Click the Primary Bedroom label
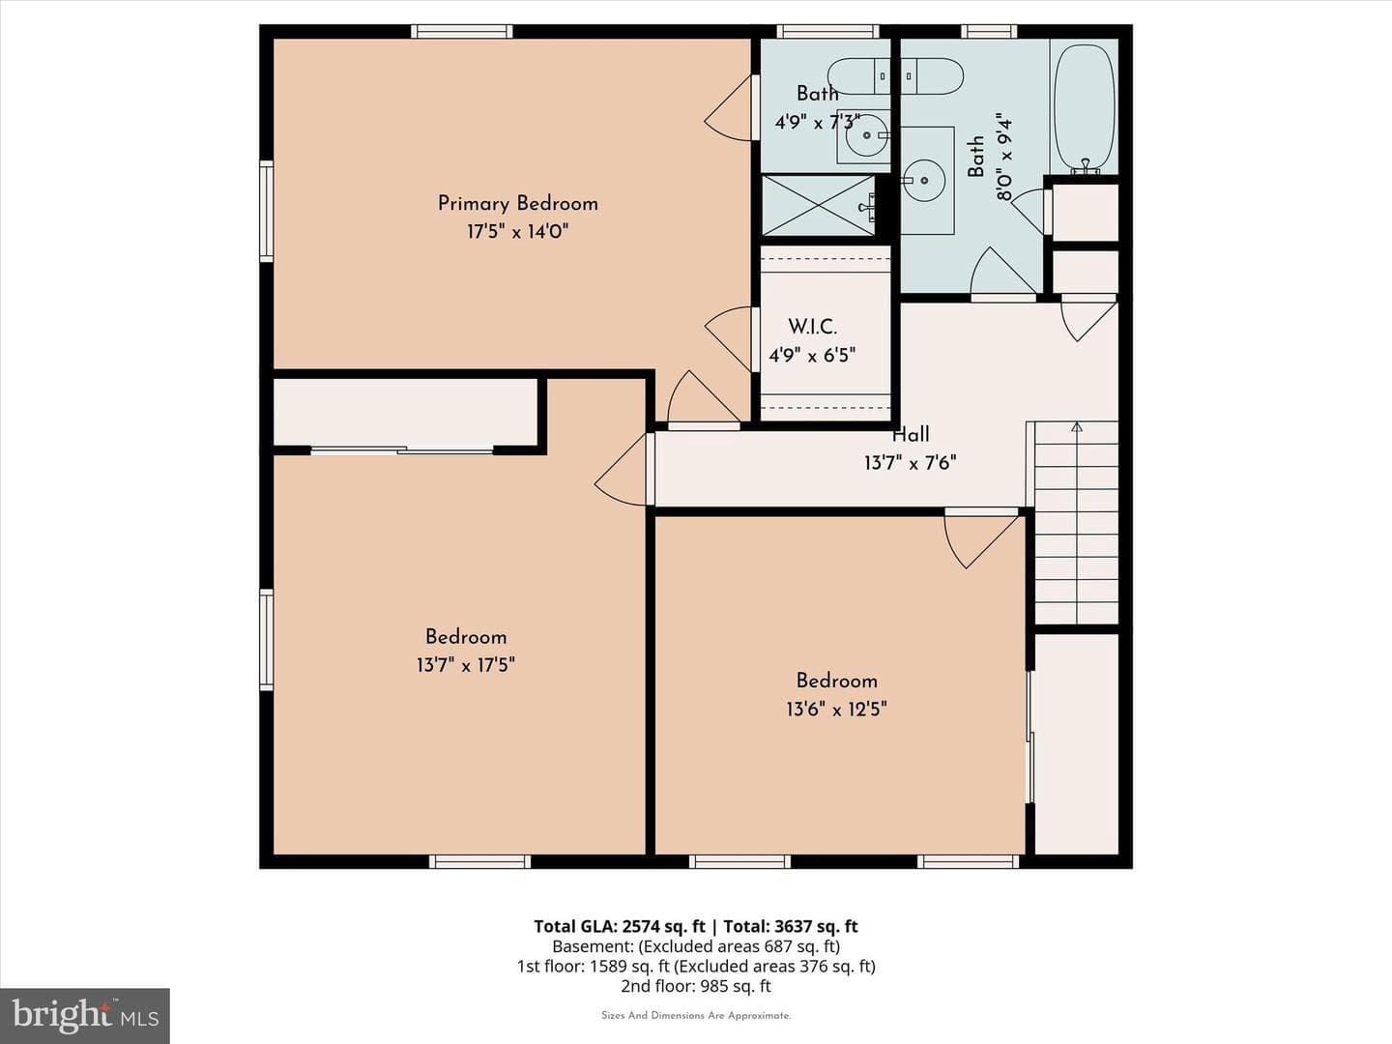[517, 203]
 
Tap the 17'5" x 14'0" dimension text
[517, 231]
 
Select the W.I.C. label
[812, 327]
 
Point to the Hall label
[911, 435]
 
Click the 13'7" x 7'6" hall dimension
[910, 463]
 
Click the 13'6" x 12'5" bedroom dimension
[836, 709]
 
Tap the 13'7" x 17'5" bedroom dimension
[466, 665]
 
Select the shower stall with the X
[818, 206]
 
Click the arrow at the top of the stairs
[1077, 428]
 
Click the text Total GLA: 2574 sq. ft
[619, 926]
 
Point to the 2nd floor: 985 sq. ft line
[696, 986]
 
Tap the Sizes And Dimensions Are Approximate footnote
[696, 1015]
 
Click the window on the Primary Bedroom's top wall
[462, 31]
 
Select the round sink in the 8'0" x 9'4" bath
[924, 180]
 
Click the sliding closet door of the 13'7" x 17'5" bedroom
[402, 450]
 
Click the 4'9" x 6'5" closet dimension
[812, 355]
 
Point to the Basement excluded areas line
[696, 946]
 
